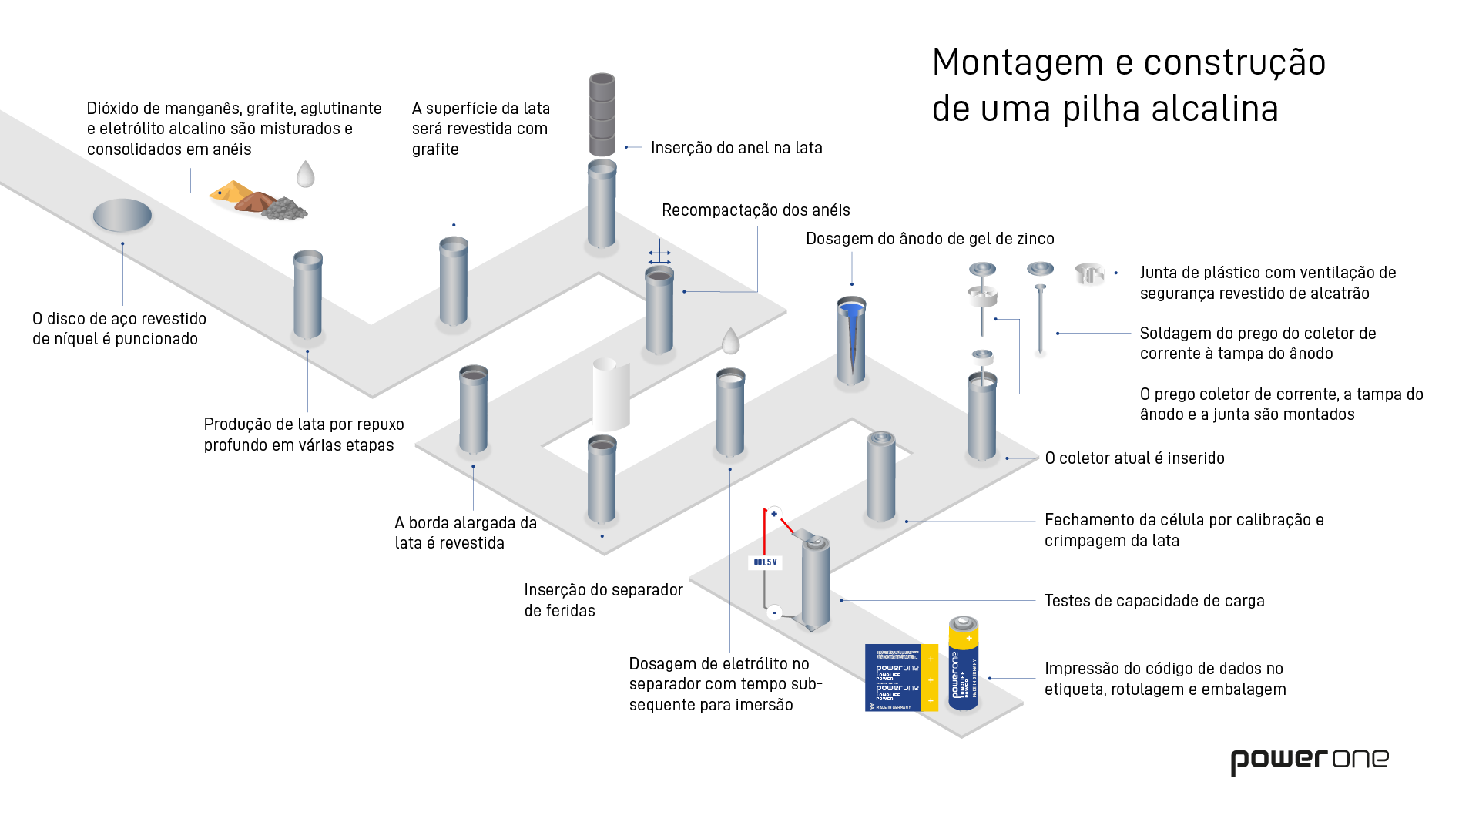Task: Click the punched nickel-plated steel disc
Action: pyautogui.click(x=122, y=215)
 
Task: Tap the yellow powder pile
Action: pyautogui.click(x=230, y=191)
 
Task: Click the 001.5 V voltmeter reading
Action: pyautogui.click(x=765, y=562)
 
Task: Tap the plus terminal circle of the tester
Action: pyautogui.click(x=774, y=514)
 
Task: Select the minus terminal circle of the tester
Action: pyautogui.click(x=774, y=612)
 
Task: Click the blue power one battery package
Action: pyautogui.click(x=900, y=678)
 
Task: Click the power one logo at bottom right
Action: pyautogui.click(x=1309, y=760)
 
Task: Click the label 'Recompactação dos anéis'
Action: pyautogui.click(x=756, y=210)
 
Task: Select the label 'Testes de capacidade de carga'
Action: pyautogui.click(x=1154, y=601)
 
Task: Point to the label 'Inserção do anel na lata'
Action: pyautogui.click(x=736, y=148)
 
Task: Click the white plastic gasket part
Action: pyautogui.click(x=1089, y=273)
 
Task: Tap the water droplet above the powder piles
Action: pyautogui.click(x=306, y=174)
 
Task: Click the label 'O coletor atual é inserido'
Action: pyautogui.click(x=1134, y=458)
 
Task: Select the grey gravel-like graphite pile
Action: pyautogui.click(x=284, y=209)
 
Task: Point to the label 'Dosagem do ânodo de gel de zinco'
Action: pyautogui.click(x=930, y=239)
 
